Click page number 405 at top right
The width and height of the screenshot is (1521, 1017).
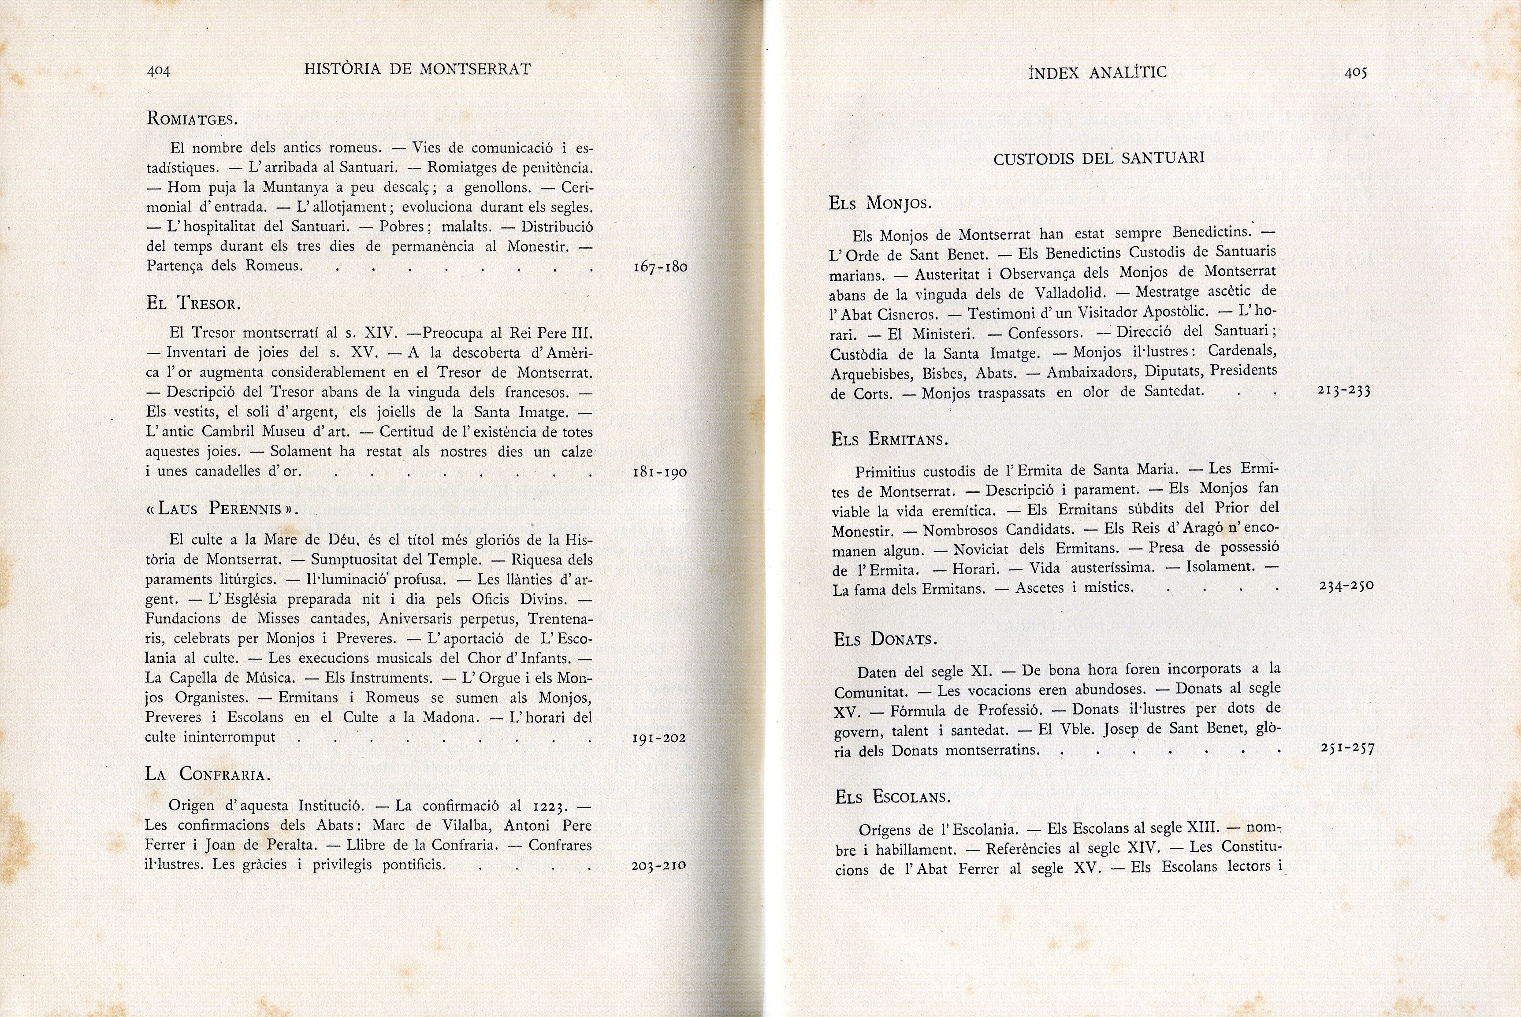click(x=1356, y=73)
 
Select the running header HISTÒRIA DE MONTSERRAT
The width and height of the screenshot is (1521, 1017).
click(x=417, y=69)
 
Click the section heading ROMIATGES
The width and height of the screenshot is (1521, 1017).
click(x=192, y=119)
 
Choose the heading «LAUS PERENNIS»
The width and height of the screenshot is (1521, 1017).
click(x=222, y=508)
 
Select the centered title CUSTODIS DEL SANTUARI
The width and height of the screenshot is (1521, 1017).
click(x=1099, y=158)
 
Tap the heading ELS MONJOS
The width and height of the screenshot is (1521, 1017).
click(x=880, y=204)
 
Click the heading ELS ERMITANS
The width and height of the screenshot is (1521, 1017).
click(x=889, y=440)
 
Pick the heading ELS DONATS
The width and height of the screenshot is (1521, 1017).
click(x=885, y=639)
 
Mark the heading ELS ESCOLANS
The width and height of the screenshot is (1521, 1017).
click(x=893, y=797)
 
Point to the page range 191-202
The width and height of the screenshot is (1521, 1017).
click(x=659, y=738)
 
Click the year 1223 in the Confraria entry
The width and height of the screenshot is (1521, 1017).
click(x=550, y=807)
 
